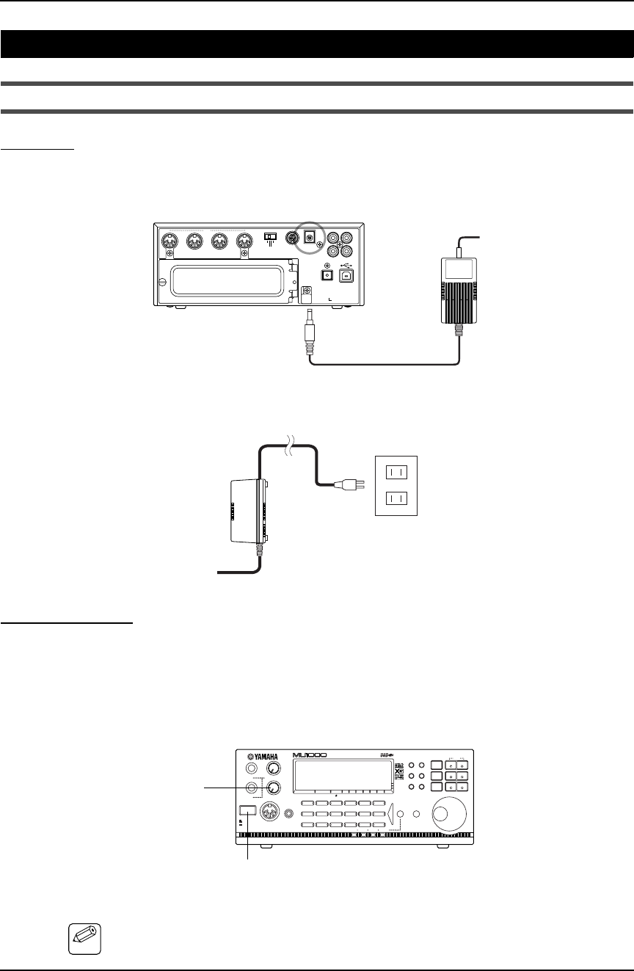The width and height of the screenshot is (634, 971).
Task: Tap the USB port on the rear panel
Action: [x=346, y=274]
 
